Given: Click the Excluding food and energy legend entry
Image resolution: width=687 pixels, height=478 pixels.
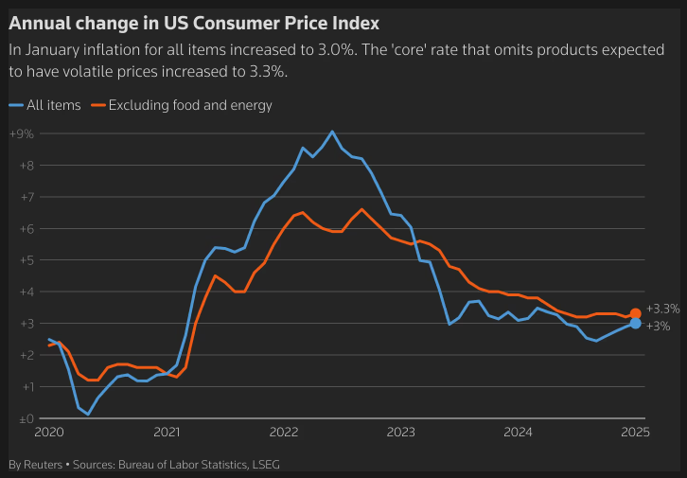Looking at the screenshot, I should pos(190,105).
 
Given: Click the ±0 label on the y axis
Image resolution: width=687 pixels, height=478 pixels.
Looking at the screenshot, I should pos(23,418).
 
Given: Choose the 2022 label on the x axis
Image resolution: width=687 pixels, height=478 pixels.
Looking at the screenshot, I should pos(284,434).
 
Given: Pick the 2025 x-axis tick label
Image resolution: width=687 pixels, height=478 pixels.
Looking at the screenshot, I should pos(635,434).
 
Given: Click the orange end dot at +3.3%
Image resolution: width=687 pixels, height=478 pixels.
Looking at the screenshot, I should pos(636,313).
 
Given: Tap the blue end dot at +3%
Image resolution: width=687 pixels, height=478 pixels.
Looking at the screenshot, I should pos(635,324).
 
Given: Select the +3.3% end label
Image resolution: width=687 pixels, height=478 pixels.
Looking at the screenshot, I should pos(663,309).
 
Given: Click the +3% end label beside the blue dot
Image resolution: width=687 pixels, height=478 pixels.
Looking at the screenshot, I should pos(659,327).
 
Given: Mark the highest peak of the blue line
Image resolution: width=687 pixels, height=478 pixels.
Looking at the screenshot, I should pos(332,132).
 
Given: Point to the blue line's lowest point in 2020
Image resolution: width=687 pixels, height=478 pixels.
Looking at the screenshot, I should pos(88,414).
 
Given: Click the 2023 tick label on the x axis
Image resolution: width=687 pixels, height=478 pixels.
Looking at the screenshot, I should pos(401,434).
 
